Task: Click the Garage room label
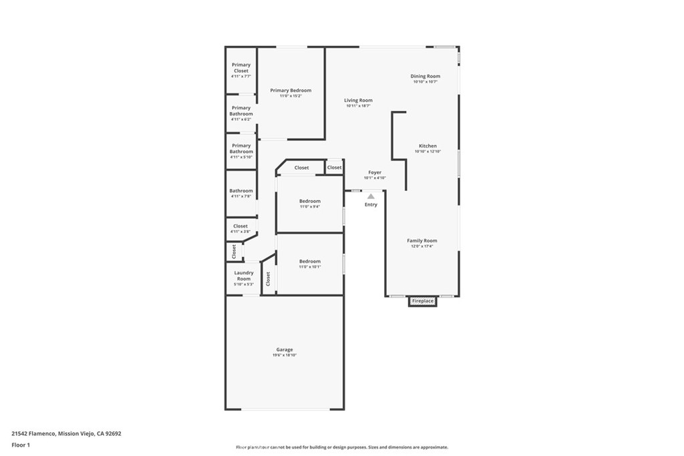285,349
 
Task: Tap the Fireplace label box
423,301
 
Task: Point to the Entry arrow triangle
371,196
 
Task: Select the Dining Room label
425,76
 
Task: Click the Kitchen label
427,146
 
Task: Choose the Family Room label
422,240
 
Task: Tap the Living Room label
358,100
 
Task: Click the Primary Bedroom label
291,90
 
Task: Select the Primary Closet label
241,67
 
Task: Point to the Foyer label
375,172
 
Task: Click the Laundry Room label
244,275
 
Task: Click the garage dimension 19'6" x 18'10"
285,355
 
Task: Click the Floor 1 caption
21,445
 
